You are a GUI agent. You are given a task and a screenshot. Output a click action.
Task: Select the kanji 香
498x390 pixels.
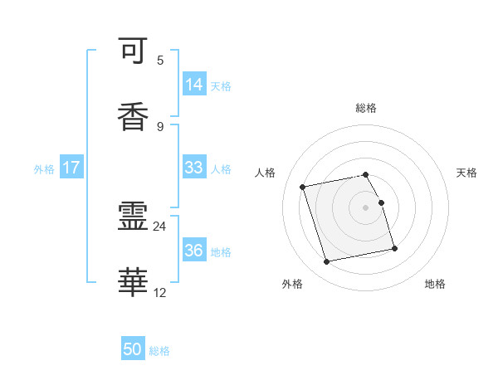pyautogui.click(x=134, y=115)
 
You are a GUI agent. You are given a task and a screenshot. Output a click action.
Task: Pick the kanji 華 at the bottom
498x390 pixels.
pyautogui.click(x=134, y=283)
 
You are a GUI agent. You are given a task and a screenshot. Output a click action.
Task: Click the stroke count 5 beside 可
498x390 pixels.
pyautogui.click(x=160, y=61)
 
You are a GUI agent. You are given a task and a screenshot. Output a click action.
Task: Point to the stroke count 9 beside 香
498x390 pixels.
pyautogui.click(x=160, y=126)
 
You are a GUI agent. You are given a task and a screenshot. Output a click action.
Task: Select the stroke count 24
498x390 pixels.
pyautogui.click(x=159, y=226)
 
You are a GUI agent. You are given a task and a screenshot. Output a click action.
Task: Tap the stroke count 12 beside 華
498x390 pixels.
pyautogui.click(x=159, y=292)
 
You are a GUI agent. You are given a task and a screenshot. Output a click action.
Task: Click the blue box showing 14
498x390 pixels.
pyautogui.click(x=194, y=85)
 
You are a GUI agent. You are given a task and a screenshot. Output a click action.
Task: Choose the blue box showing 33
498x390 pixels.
pyautogui.click(x=194, y=168)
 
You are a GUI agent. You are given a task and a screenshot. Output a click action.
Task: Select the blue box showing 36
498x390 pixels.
pyautogui.click(x=194, y=251)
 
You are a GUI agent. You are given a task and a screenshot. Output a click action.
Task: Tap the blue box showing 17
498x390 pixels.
pyautogui.click(x=71, y=168)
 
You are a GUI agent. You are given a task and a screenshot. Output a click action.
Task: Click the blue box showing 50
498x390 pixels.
pyautogui.click(x=133, y=350)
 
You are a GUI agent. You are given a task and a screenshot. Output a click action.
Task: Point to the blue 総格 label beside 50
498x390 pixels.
pyautogui.click(x=159, y=351)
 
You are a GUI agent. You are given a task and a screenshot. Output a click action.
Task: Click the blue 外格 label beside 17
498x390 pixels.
pyautogui.click(x=44, y=168)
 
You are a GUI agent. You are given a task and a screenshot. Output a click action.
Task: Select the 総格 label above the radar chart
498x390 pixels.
pyautogui.click(x=366, y=108)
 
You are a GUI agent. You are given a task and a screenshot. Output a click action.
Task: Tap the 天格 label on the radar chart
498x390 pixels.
pyautogui.click(x=467, y=173)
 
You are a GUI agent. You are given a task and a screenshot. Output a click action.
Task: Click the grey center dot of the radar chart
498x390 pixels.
pyautogui.click(x=366, y=207)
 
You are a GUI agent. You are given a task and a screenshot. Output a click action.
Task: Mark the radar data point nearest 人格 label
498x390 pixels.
pyautogui.click(x=303, y=187)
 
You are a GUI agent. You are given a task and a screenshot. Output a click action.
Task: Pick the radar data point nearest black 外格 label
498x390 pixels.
pyautogui.click(x=327, y=262)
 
